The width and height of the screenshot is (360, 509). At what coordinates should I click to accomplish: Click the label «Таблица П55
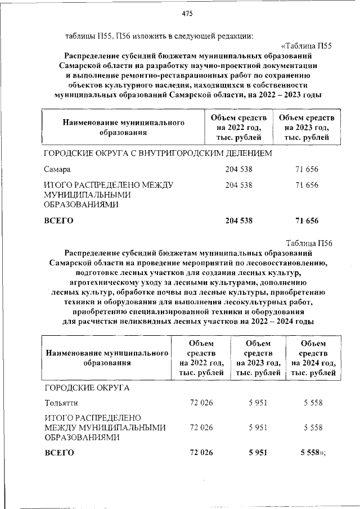307,46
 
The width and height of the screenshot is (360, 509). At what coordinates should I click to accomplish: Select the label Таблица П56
309,243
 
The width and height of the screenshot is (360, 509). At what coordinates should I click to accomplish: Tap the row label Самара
57,168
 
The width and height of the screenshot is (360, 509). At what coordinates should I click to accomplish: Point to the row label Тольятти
61,403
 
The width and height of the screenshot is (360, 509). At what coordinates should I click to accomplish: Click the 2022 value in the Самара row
238,168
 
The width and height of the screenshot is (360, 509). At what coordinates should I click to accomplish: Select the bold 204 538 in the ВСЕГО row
238,220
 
